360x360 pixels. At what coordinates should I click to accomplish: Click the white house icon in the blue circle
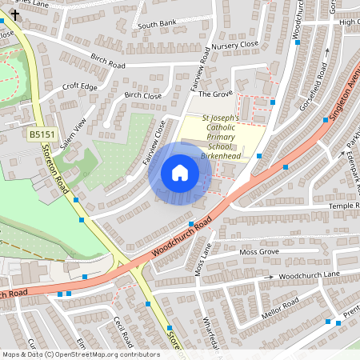coord(180,173)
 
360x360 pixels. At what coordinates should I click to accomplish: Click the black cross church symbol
coord(15,14)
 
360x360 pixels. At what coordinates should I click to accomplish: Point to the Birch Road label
coord(108,59)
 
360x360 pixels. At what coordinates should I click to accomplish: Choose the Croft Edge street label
coord(79,87)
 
